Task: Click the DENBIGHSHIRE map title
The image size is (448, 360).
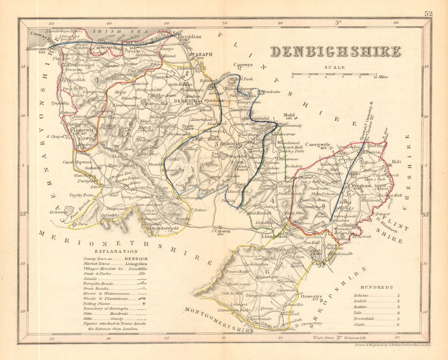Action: pos(336,52)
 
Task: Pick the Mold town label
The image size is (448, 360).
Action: pos(289,115)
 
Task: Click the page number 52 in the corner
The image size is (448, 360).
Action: pos(429,13)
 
